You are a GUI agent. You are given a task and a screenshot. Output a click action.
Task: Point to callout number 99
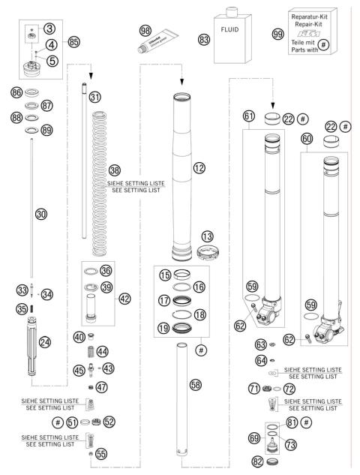[x=278, y=35]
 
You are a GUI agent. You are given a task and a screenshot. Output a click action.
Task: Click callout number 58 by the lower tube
[x=195, y=384]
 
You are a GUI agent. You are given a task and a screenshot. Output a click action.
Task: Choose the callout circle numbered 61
[x=250, y=116]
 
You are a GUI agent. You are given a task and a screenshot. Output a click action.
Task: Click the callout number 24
[x=44, y=342]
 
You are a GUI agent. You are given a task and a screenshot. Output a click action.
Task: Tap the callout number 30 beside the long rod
[x=41, y=214]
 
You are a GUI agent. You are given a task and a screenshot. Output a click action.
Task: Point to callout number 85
[x=73, y=41]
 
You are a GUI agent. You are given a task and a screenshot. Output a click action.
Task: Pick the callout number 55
[x=101, y=453]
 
